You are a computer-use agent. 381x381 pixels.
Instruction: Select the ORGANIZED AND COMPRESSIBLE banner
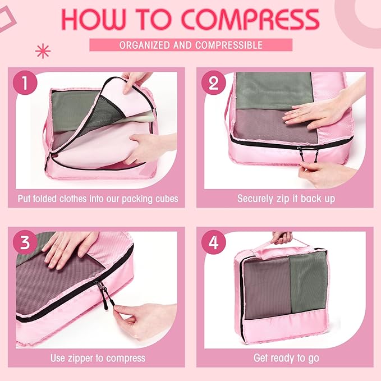pos(190,45)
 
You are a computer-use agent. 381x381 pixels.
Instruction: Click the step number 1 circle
pos(26,84)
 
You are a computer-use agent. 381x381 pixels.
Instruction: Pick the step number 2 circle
pos(213,84)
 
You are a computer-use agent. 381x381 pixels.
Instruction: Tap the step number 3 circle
pos(26,242)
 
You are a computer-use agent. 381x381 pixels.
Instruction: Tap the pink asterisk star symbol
pos(43,52)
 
